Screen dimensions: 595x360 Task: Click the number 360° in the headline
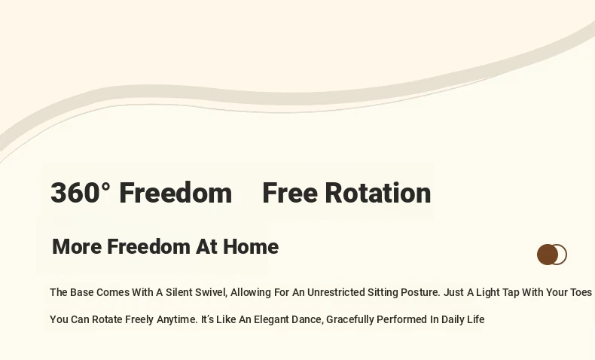pyautogui.click(x=81, y=193)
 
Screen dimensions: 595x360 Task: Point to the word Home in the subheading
pyautogui.click(x=251, y=246)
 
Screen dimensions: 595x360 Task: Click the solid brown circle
pyautogui.click(x=548, y=255)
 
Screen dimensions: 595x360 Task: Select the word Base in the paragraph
pyautogui.click(x=81, y=292)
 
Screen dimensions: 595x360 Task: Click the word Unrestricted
pyautogui.click(x=335, y=292)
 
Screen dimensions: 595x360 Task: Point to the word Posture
pyautogui.click(x=420, y=292)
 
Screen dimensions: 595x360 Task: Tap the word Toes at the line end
pyautogui.click(x=581, y=292)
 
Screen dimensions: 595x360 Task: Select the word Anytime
pyautogui.click(x=177, y=320)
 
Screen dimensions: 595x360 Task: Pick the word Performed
pyautogui.click(x=402, y=319)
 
